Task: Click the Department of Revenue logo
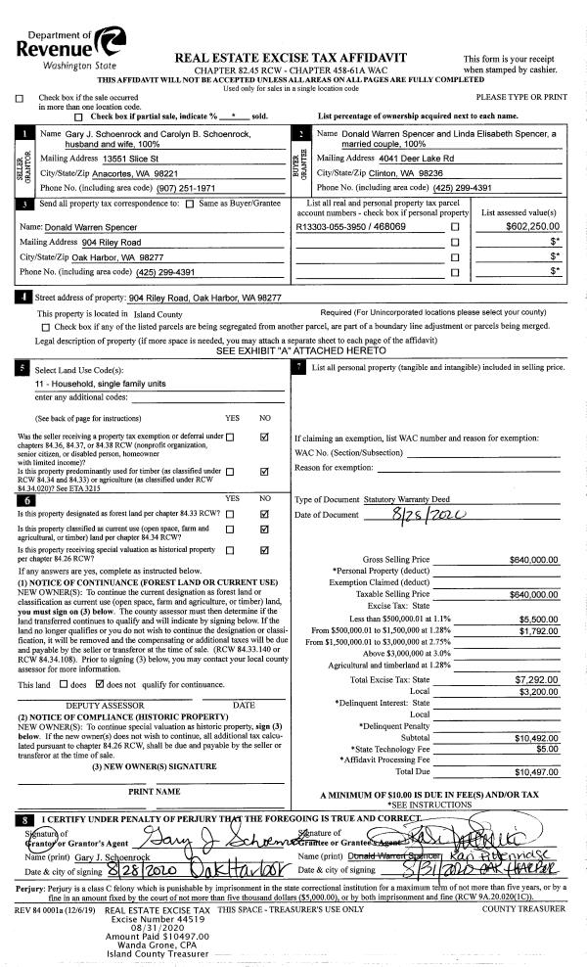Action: point(65,45)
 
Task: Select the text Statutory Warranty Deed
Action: point(391,499)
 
